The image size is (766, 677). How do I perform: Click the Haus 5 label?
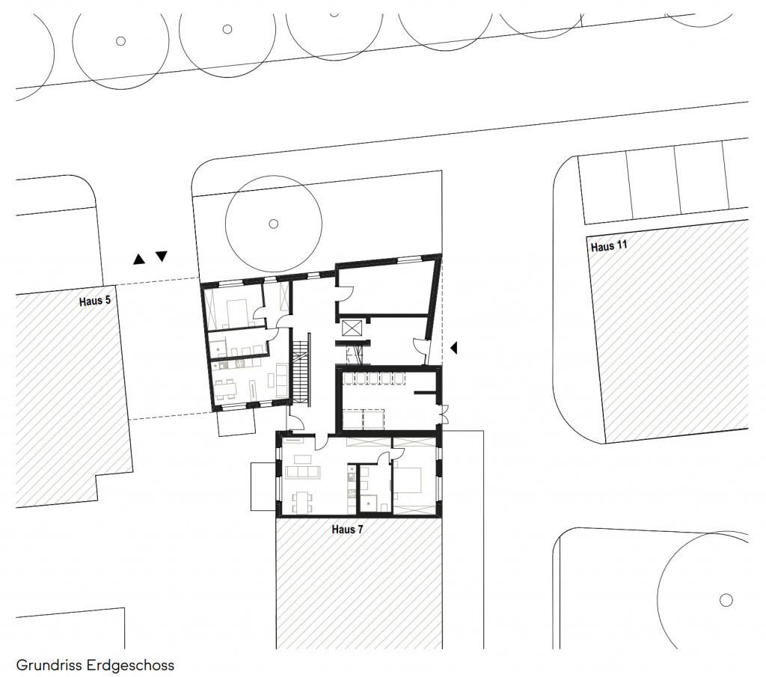tap(95, 301)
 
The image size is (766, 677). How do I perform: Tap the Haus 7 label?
tap(347, 530)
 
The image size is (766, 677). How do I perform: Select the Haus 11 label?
tap(609, 245)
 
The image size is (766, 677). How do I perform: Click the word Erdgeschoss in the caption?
tap(130, 665)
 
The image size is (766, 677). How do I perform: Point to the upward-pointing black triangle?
tap(139, 260)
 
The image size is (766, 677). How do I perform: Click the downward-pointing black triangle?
tap(162, 256)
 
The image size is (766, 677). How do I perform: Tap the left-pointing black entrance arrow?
tap(454, 348)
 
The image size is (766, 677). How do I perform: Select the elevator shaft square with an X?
tap(351, 328)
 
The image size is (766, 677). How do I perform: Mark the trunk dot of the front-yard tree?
tap(274, 224)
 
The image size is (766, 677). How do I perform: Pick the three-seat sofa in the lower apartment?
tap(303, 471)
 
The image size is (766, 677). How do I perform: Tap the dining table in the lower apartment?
tap(302, 502)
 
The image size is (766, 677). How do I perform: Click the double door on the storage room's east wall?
tap(444, 414)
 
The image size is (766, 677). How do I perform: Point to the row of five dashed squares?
tap(374, 379)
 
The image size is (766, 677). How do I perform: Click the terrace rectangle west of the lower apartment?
tap(264, 486)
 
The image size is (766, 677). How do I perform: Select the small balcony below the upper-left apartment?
tap(236, 422)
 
